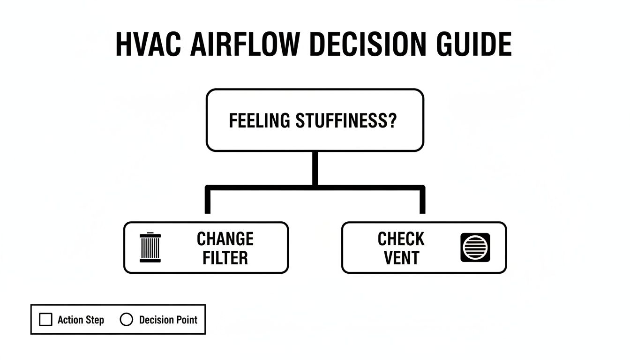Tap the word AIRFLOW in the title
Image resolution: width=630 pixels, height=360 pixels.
click(x=244, y=45)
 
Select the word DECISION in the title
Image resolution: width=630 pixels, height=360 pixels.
click(x=366, y=45)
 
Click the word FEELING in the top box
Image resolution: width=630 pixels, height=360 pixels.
click(x=259, y=121)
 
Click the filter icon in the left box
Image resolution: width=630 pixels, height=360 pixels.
click(x=150, y=247)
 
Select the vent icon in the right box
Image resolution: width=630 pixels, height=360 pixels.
click(x=475, y=247)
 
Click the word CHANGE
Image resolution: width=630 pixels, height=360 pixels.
click(x=225, y=239)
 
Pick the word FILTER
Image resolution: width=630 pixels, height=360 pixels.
click(x=225, y=258)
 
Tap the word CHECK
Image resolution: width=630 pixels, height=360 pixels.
click(x=401, y=239)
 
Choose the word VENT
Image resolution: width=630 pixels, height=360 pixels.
click(x=401, y=258)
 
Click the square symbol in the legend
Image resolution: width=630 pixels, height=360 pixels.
click(x=45, y=320)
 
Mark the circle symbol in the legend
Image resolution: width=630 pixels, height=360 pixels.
click(x=127, y=320)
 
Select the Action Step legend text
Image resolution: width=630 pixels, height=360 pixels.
click(x=81, y=320)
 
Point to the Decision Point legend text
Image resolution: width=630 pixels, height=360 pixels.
click(x=168, y=320)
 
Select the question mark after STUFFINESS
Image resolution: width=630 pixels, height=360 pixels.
click(x=392, y=121)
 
